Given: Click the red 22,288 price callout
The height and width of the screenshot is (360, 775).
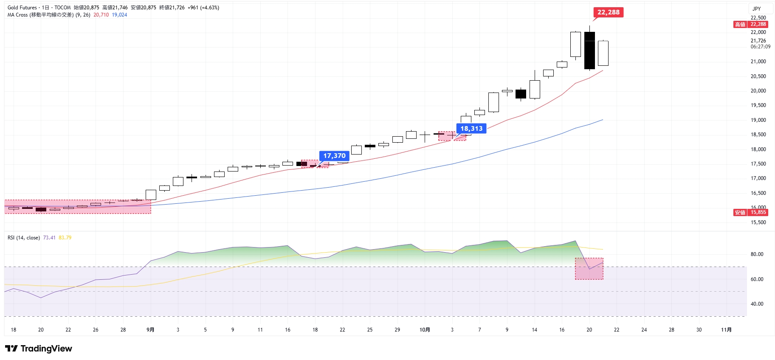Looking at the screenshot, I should (608, 12).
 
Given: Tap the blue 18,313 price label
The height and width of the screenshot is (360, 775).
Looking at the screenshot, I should (471, 129).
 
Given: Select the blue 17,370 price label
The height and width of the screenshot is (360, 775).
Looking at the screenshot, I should (334, 156).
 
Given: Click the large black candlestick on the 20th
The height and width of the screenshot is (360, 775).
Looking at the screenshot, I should (589, 51).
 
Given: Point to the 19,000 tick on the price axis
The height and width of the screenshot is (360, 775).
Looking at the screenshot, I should (758, 120).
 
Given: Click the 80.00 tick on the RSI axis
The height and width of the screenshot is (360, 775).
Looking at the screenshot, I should (757, 254).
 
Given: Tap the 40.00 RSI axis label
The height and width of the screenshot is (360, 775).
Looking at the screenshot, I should (757, 304).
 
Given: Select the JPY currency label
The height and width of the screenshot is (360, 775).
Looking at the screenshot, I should (756, 8).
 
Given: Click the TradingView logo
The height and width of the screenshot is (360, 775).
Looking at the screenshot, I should (39, 349).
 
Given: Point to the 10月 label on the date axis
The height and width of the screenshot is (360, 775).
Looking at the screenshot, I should (425, 330).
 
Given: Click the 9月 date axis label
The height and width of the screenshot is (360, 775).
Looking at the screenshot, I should (150, 330).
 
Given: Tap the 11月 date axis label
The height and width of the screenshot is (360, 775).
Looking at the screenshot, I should (727, 330).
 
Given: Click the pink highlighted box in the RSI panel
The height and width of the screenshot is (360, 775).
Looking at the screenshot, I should (589, 269).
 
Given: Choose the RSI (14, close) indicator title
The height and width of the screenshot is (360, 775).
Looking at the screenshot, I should (24, 238).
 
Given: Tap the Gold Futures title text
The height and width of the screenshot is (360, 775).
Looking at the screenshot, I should (22, 8).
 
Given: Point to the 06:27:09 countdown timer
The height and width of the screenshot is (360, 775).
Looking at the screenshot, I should (760, 47).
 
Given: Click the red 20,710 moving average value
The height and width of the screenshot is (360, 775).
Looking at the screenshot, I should (101, 15).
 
